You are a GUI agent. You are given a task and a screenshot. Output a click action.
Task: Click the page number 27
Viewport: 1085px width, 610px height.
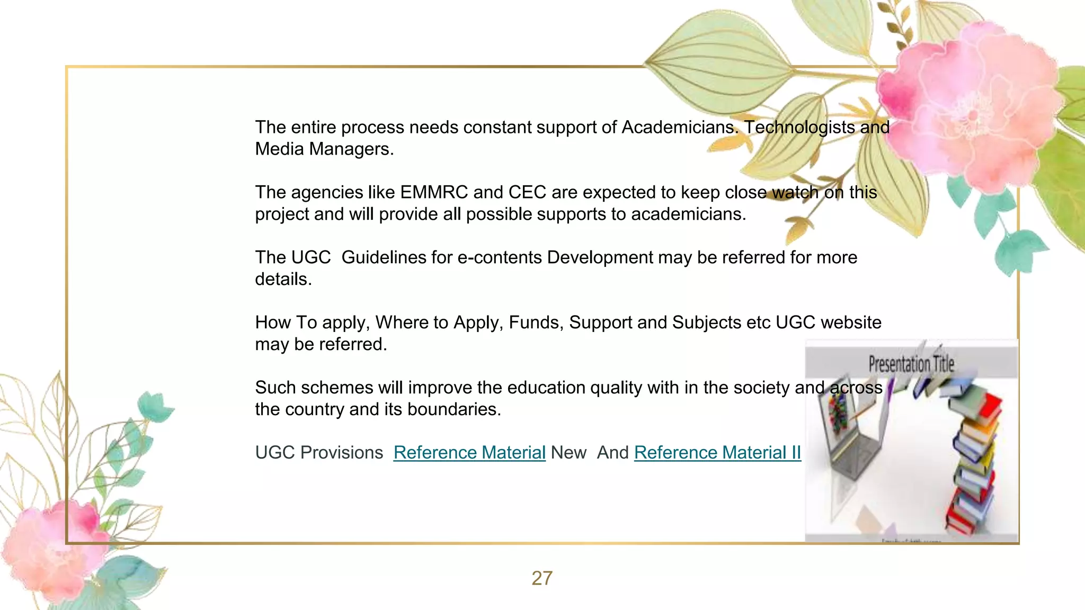541,578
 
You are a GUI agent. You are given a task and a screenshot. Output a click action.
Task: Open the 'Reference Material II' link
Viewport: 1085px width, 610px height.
717,453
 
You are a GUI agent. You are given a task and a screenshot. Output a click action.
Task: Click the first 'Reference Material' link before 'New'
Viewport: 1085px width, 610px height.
469,453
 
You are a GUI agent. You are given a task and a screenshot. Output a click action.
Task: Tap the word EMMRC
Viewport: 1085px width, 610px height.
434,192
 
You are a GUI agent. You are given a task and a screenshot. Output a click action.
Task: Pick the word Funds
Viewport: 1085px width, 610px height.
536,322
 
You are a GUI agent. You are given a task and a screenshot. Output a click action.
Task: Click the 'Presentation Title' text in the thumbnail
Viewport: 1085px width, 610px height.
911,364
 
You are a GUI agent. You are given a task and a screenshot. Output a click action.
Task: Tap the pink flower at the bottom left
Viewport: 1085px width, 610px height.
53,545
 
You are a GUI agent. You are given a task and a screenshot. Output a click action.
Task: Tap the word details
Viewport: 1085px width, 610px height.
283,279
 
